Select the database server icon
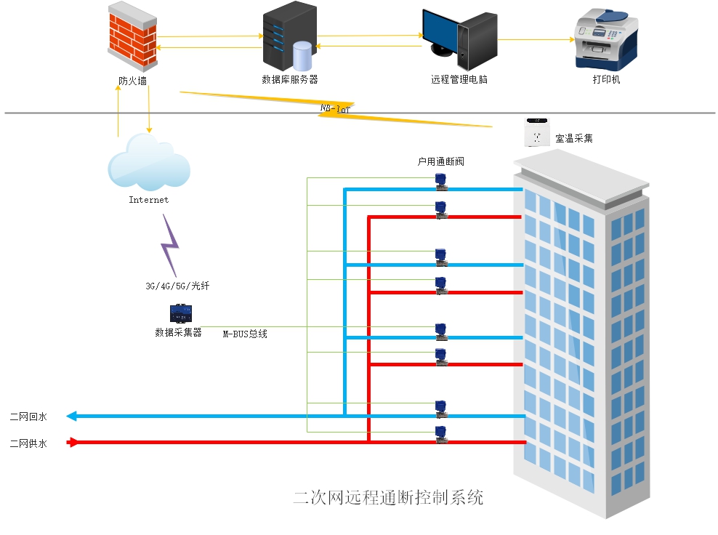[289, 36]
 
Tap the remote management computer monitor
[443, 31]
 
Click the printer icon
[606, 39]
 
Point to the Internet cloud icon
[149, 164]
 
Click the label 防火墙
[132, 81]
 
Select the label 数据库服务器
[289, 79]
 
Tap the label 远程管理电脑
[459, 79]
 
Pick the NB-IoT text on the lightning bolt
[336, 108]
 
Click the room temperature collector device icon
[537, 132]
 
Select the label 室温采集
[574, 137]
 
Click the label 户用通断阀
[440, 161]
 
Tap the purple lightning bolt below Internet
[169, 244]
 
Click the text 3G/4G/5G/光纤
[177, 286]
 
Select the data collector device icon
[180, 313]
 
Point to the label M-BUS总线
[245, 334]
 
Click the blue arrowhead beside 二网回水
[71, 417]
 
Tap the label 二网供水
[28, 443]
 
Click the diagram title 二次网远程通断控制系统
[388, 498]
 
